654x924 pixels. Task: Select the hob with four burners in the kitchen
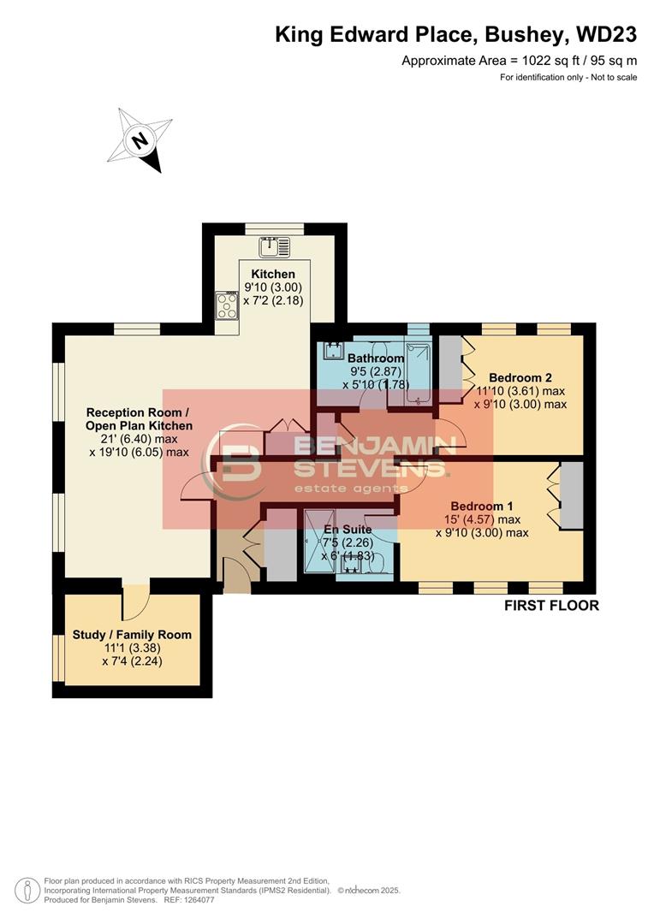pyautogui.click(x=227, y=305)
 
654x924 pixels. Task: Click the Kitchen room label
pyautogui.click(x=273, y=274)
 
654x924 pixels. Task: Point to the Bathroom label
pyautogui.click(x=376, y=358)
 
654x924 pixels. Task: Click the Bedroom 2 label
pyautogui.click(x=520, y=377)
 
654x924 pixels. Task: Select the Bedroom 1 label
pyautogui.click(x=482, y=505)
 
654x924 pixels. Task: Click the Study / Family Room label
pyautogui.click(x=132, y=635)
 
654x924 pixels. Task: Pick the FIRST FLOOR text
pyautogui.click(x=551, y=606)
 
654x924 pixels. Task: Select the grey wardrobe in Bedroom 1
pyautogui.click(x=571, y=495)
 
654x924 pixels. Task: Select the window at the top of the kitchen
pyautogui.click(x=274, y=228)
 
